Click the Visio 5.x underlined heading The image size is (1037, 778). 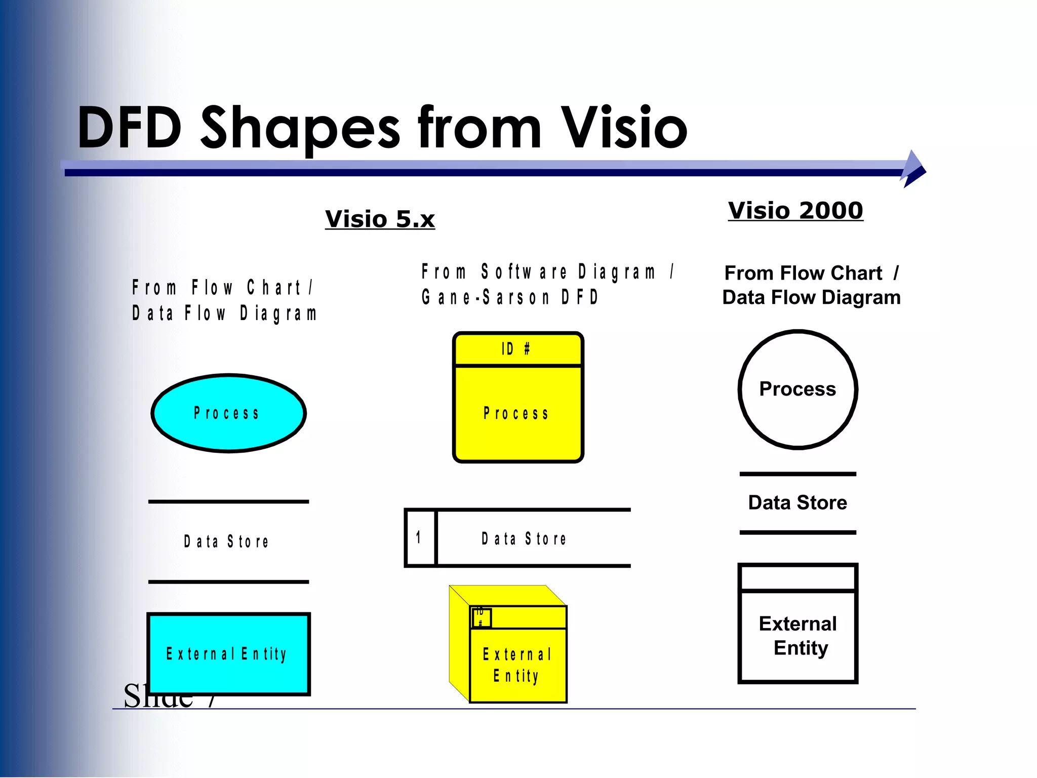(380, 219)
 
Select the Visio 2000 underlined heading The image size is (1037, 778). (795, 210)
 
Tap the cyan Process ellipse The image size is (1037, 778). (228, 413)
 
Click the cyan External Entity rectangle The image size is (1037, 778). (228, 653)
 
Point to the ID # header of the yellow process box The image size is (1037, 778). (517, 349)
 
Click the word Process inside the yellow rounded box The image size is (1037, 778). (516, 414)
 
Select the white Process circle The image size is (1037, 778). (797, 389)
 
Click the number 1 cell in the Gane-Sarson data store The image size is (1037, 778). (420, 538)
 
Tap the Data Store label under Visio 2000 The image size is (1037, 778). (797, 503)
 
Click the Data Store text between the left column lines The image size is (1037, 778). (226, 541)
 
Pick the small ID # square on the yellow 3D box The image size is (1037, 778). (481, 617)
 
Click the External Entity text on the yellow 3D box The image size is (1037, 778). (517, 665)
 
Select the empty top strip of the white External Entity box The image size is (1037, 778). (797, 578)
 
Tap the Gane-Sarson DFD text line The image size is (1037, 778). (510, 297)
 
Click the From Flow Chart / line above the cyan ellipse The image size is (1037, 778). (223, 288)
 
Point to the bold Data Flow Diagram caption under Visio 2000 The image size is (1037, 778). (811, 297)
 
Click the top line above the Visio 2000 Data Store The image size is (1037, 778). (797, 474)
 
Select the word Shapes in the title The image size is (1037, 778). (300, 128)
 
